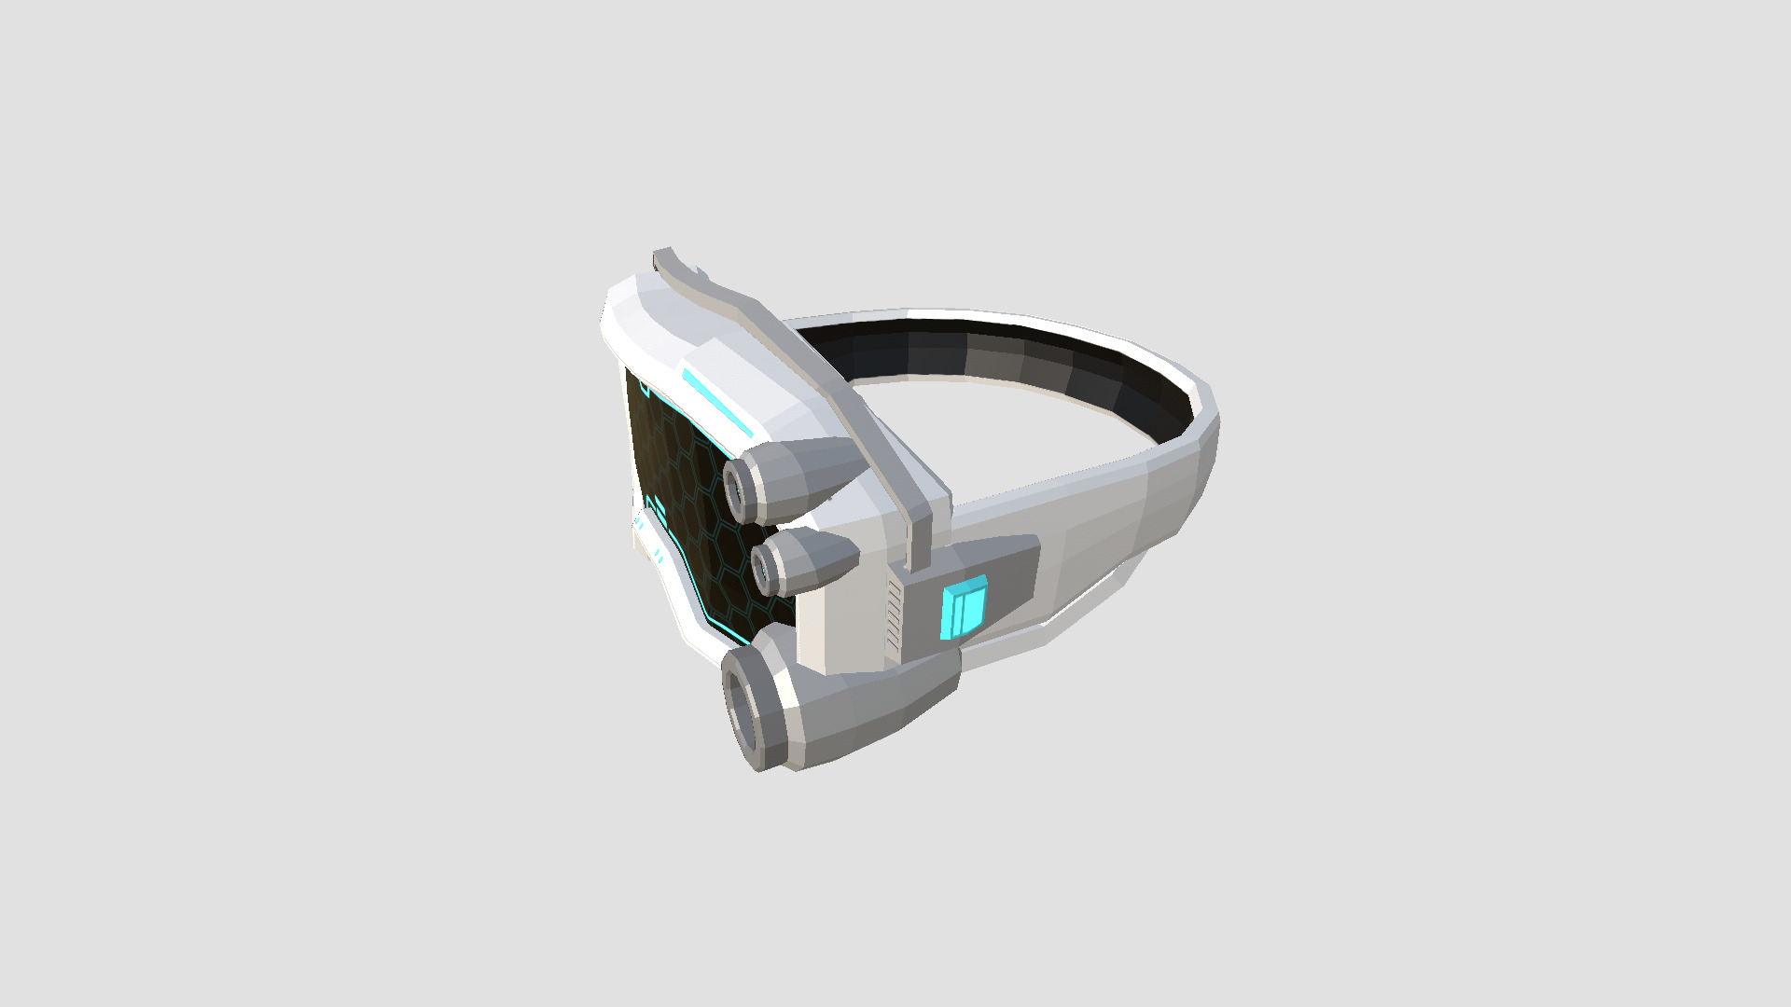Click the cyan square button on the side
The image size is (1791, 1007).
pos(964,608)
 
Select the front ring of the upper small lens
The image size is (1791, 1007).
pos(736,489)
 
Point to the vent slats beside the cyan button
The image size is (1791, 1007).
pos(894,615)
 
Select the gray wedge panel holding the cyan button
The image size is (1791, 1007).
pos(1007,578)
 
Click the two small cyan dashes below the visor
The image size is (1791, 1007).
pos(659,556)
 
